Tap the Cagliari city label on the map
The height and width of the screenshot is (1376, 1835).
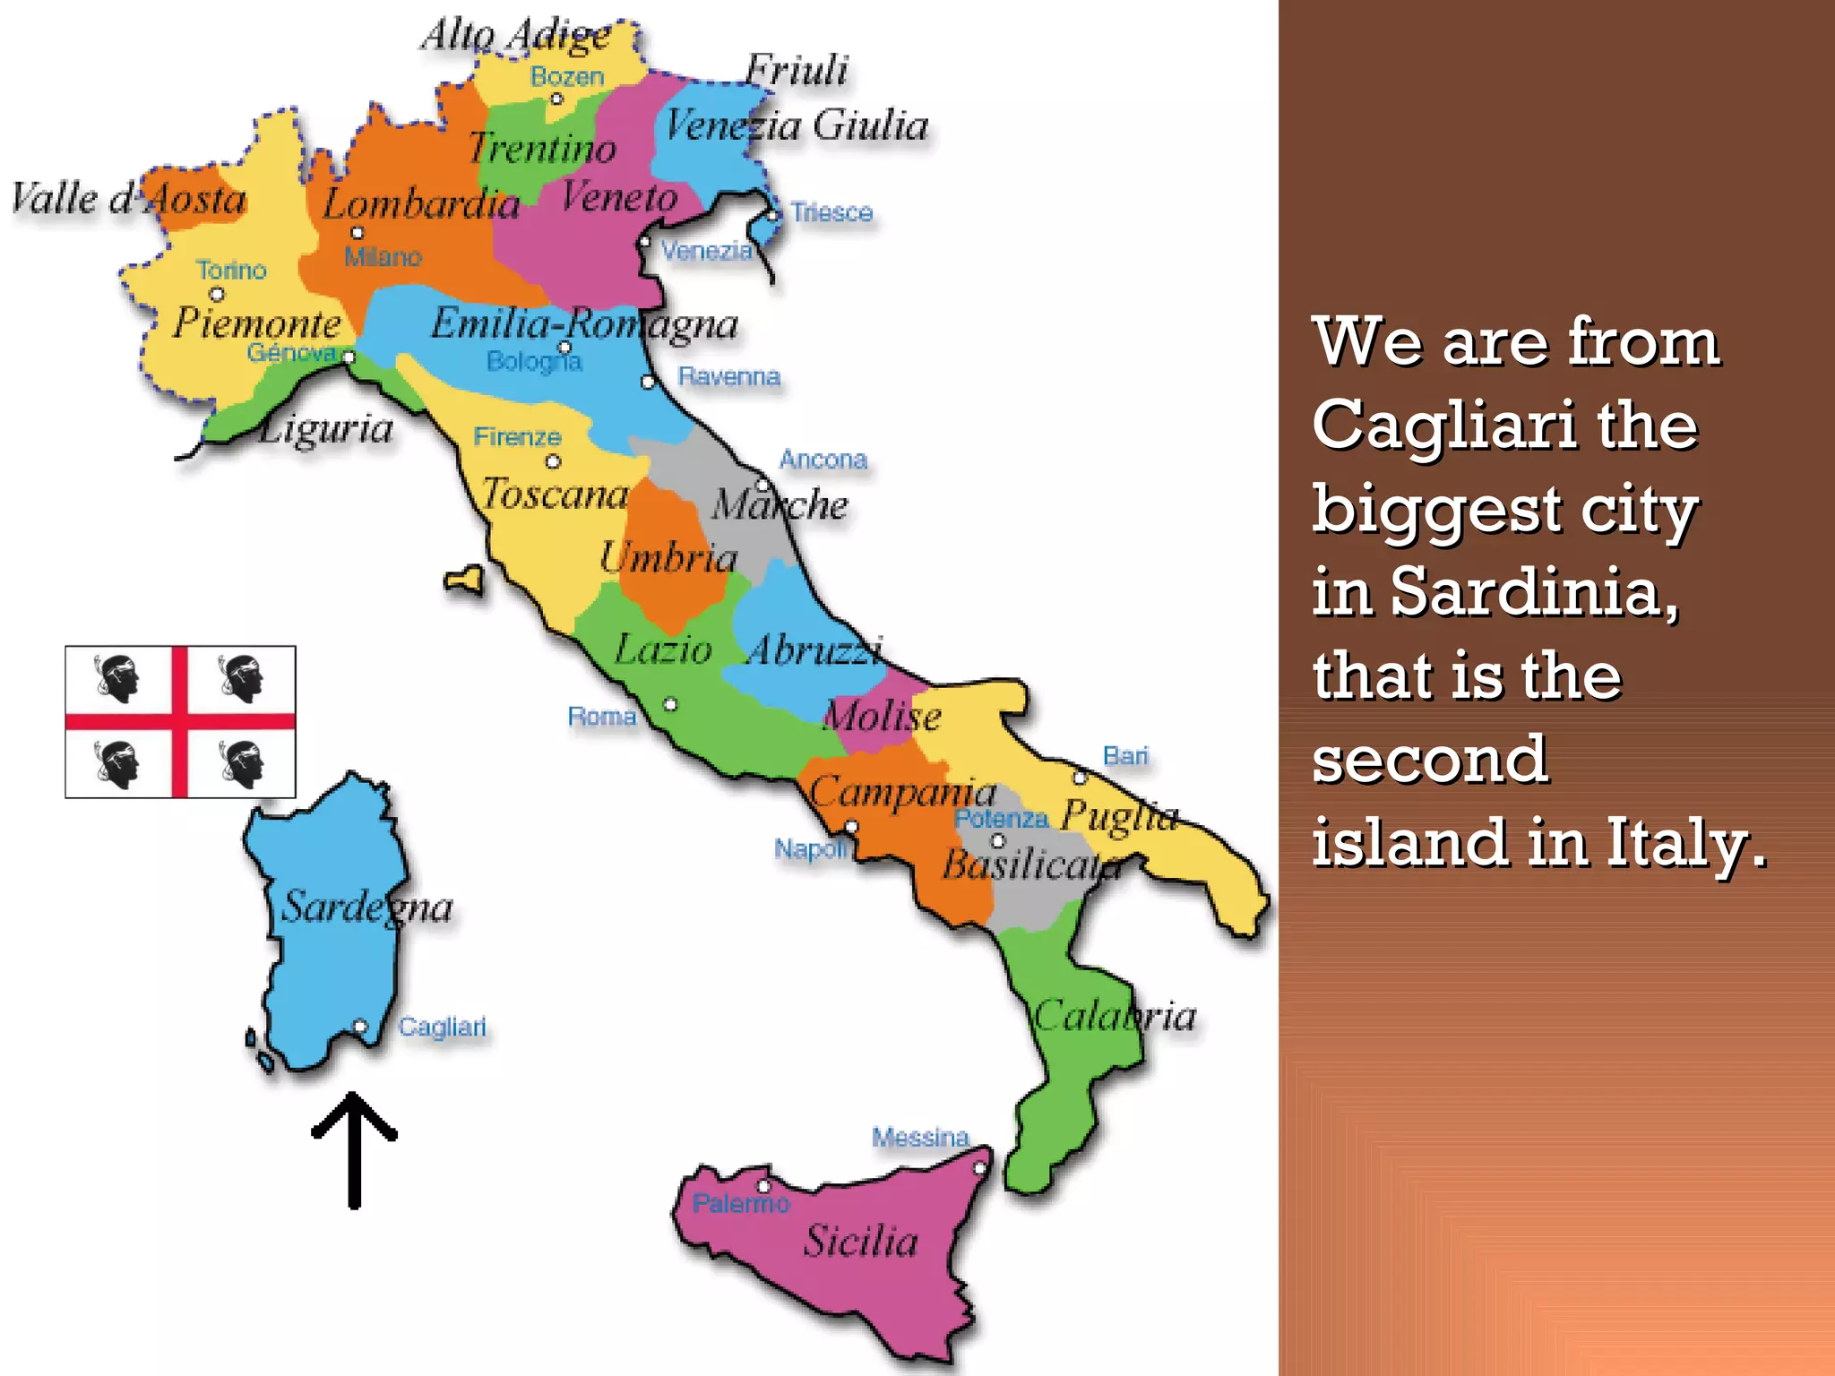coord(442,1027)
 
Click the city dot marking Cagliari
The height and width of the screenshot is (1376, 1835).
coord(360,1026)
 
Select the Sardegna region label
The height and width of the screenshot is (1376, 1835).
coord(367,907)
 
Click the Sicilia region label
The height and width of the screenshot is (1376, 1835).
coord(860,1241)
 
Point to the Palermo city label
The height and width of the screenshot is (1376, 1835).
coord(740,1203)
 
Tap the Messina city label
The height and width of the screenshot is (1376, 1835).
coord(920,1138)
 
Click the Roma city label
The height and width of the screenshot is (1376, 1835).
coord(602,717)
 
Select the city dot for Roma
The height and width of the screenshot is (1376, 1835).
coord(670,704)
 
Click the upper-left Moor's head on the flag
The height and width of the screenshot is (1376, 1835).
coord(117,679)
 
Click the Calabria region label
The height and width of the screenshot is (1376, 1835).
coord(1115,1016)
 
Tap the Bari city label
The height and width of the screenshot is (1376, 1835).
coord(1125,756)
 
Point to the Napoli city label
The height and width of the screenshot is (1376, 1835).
coord(811,848)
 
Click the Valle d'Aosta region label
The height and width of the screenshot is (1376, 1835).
coord(129,198)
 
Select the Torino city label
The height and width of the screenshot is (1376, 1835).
coord(231,270)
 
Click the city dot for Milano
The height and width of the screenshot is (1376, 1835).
coord(358,233)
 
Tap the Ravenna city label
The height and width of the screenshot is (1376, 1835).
coord(728,376)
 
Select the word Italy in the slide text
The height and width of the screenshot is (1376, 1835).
coord(1686,843)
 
